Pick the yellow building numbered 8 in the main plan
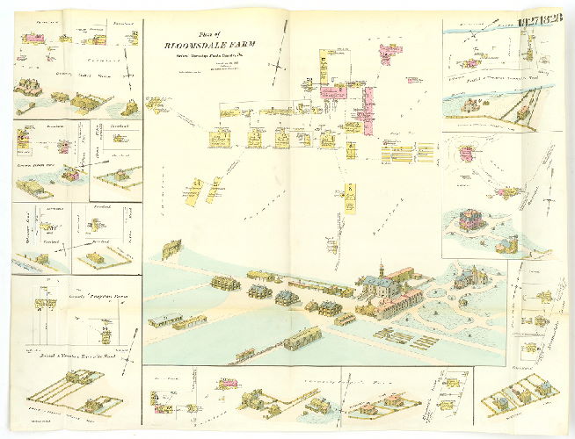[349, 197]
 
